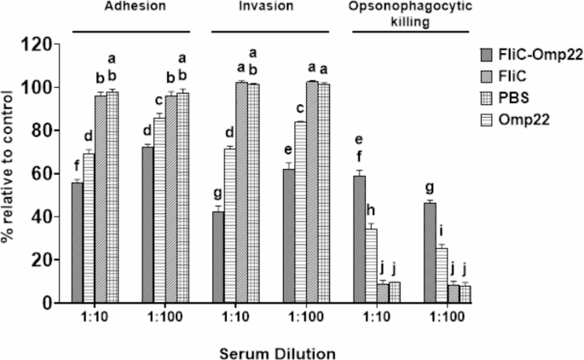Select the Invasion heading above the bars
263,8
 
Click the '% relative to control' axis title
12,174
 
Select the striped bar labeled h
371,265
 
